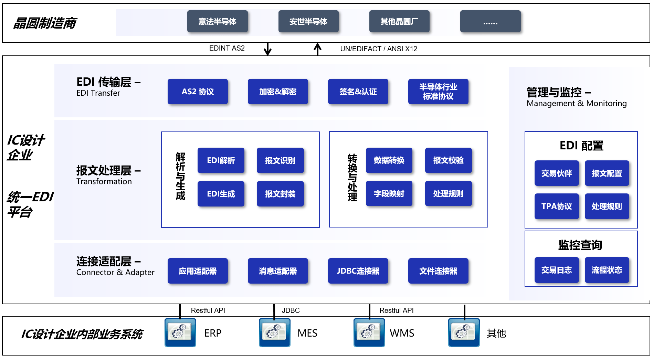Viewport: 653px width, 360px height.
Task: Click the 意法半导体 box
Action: (217, 21)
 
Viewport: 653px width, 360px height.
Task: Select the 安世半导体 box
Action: (308, 21)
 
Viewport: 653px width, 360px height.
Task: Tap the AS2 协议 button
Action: (198, 92)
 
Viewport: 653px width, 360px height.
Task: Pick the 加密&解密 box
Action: (278, 92)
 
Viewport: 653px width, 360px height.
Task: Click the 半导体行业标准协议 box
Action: (438, 92)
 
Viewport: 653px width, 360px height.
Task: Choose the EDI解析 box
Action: (221, 160)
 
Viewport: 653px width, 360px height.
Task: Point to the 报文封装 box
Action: (280, 194)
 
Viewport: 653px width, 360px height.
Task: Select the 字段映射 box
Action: (389, 193)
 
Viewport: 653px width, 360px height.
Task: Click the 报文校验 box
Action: (448, 160)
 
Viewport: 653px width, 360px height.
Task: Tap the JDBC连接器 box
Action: (358, 271)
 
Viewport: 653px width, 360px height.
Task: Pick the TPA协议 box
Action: (556, 206)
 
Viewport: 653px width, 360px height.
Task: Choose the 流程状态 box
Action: (607, 270)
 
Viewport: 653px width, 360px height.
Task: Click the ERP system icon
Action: (180, 332)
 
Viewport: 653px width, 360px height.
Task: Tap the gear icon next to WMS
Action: (369, 332)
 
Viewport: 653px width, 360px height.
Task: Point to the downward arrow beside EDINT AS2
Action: (267, 49)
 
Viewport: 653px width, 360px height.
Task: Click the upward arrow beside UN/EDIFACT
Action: (317, 49)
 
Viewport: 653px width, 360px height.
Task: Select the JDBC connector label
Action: (291, 310)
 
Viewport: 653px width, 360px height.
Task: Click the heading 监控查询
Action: (580, 245)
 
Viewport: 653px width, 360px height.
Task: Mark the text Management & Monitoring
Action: (577, 103)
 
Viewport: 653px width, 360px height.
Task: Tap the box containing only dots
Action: (490, 21)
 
